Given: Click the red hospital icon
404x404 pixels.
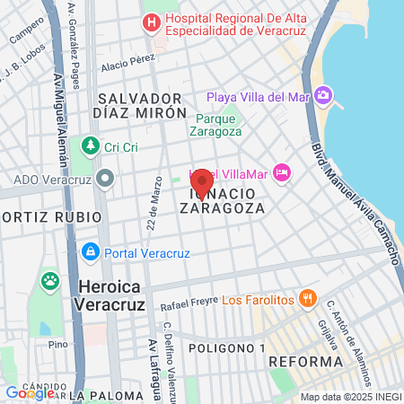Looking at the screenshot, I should pos(153,21).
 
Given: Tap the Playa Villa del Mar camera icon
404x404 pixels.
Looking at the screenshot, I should pos(323,96).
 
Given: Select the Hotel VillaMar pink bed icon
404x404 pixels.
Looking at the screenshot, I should pos(282,171).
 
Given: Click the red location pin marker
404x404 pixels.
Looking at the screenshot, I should pos(202,182).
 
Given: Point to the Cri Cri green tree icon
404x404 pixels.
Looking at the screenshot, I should pos(89,145).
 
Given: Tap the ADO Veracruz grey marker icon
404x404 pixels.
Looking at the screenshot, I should pos(105,178).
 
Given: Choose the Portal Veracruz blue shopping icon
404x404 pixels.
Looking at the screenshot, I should pos(89,251).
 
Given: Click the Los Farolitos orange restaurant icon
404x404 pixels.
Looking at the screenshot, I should pos(307,297).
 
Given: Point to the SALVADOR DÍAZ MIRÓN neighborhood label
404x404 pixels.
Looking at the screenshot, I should pos(140,105).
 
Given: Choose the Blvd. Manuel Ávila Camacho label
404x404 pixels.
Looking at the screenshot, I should pos(354,193).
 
